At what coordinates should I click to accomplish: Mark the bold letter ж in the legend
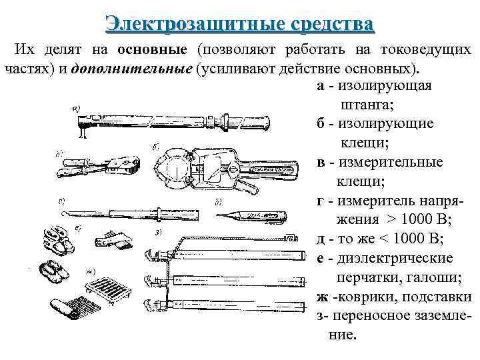(x=323, y=297)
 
